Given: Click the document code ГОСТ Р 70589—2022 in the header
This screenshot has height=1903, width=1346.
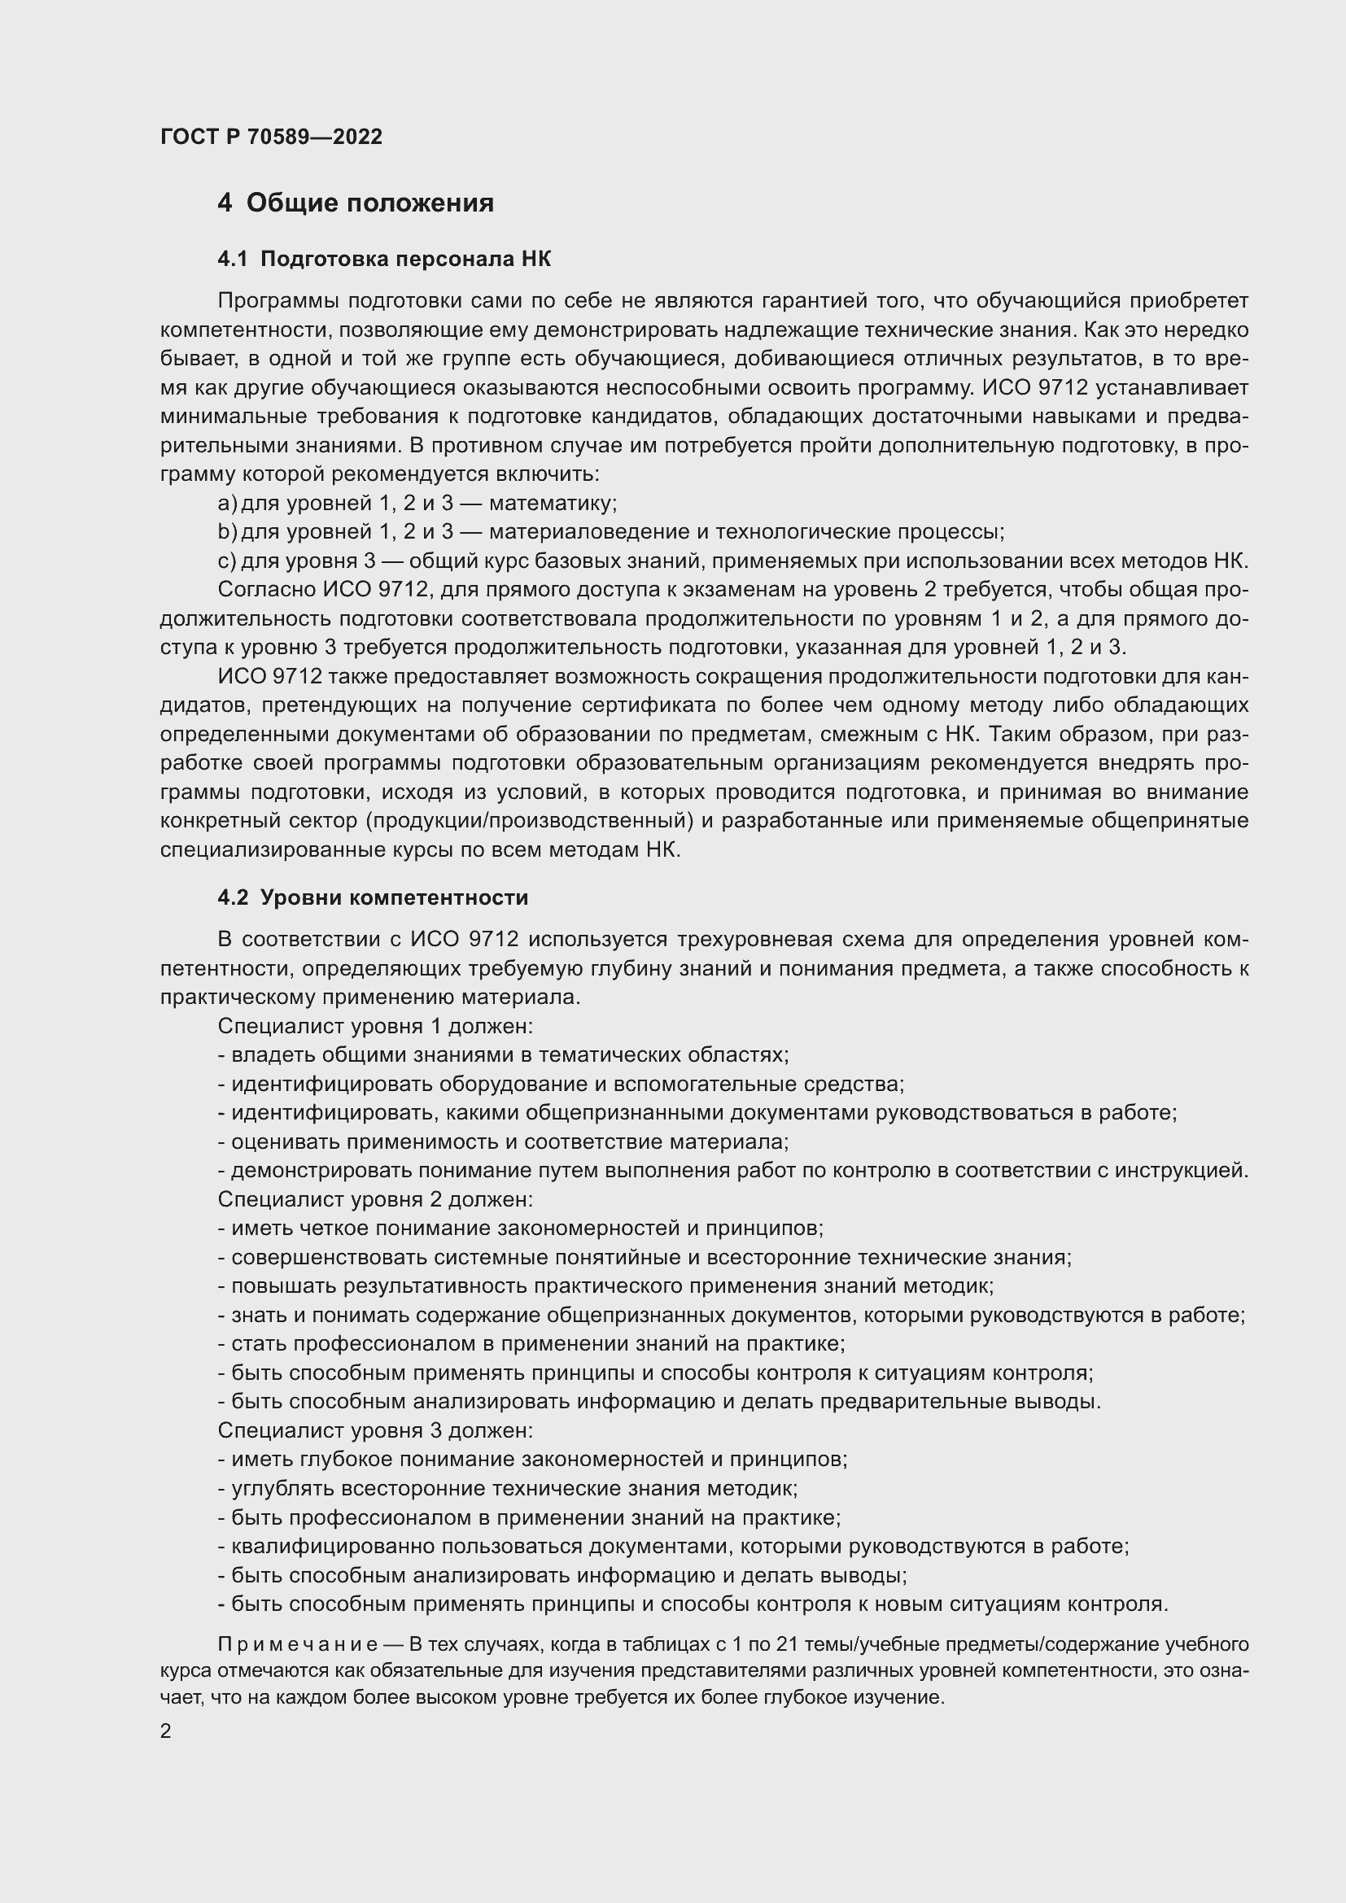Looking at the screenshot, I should (271, 137).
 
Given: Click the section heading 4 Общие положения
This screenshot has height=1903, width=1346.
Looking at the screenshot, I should (356, 203).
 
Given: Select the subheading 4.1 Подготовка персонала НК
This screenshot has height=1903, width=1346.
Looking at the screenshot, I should (384, 260).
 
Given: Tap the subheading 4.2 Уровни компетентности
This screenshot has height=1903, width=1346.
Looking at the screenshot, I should (372, 897).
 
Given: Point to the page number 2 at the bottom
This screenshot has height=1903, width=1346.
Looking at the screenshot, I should (166, 1731).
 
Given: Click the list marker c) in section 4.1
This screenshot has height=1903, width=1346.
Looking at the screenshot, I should (226, 561).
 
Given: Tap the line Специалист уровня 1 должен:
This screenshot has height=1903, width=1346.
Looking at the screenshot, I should (375, 1026).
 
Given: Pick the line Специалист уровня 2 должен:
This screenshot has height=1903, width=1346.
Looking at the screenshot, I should (375, 1199).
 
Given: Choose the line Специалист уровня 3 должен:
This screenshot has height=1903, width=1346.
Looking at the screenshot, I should (375, 1430).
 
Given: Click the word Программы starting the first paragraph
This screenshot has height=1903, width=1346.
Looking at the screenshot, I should (278, 301).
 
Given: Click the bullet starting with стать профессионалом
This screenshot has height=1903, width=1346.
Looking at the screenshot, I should (531, 1343).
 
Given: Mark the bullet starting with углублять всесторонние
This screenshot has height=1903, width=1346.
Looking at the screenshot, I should (507, 1489).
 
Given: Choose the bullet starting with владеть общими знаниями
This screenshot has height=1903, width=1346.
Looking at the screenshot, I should (503, 1055).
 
